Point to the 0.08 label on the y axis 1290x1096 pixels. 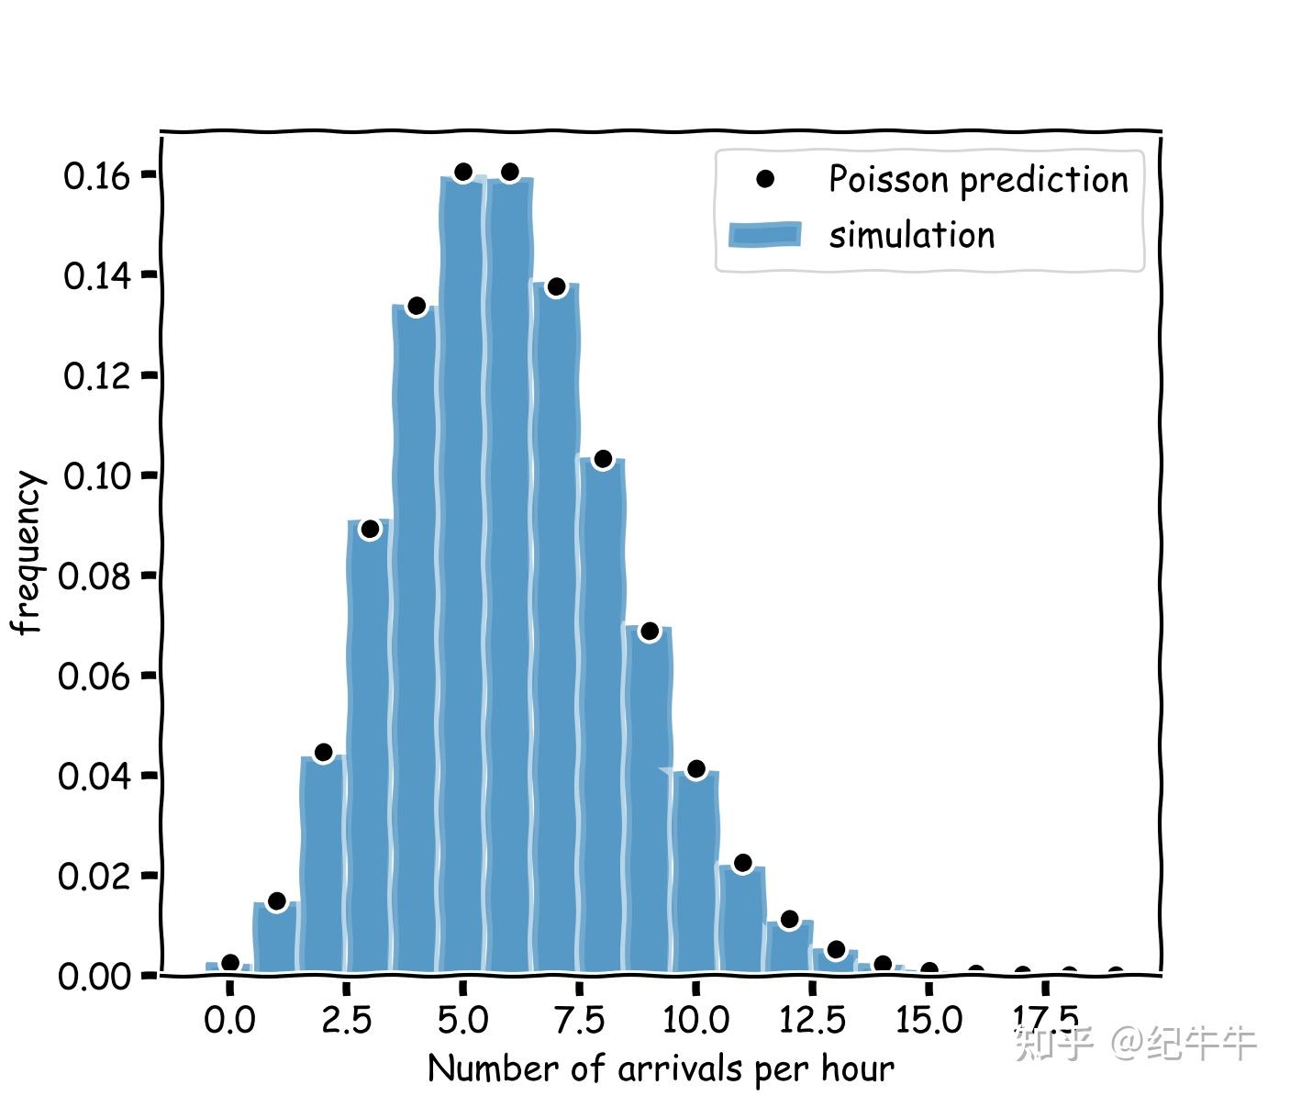[x=95, y=576]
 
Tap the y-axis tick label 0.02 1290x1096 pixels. [x=95, y=876]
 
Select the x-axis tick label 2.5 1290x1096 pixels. [x=346, y=1020]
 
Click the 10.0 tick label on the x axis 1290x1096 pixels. [x=695, y=1020]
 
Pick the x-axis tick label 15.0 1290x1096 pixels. [x=929, y=1020]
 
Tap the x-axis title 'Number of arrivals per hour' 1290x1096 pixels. [x=661, y=1068]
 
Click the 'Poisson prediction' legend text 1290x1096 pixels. [x=978, y=179]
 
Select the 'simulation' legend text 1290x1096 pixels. [x=911, y=235]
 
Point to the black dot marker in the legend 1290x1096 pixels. [x=764, y=179]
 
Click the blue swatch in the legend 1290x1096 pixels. [x=764, y=235]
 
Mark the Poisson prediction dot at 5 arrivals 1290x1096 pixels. [x=462, y=172]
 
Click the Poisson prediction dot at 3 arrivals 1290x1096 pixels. [x=370, y=529]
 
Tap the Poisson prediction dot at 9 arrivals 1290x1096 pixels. [x=649, y=631]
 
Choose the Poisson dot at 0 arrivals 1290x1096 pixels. [x=230, y=963]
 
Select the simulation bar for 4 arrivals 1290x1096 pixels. [x=416, y=643]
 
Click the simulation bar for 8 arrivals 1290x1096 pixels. [x=602, y=716]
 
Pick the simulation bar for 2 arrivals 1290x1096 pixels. [x=323, y=863]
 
